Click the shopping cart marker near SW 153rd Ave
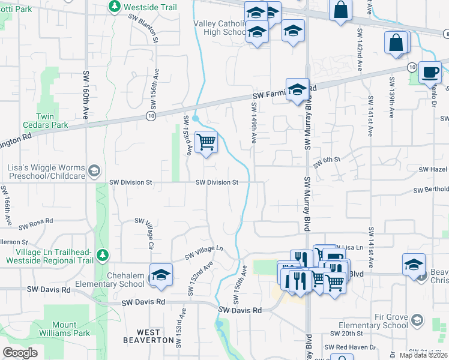click(x=206, y=142)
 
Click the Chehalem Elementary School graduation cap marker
click(x=161, y=275)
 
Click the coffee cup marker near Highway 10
click(x=429, y=72)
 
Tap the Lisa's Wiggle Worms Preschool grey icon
click(x=94, y=172)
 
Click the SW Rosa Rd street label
click(x=37, y=226)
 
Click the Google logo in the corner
click(x=20, y=353)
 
